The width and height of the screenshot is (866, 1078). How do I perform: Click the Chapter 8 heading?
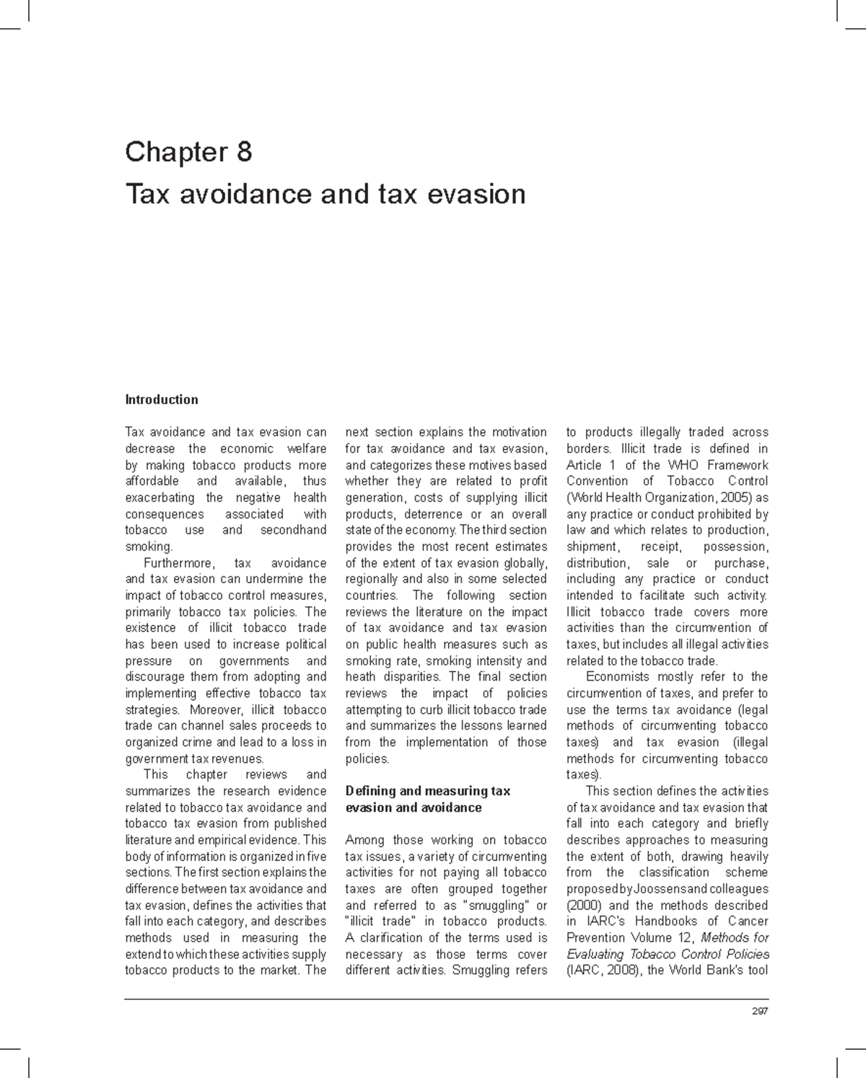coord(188,152)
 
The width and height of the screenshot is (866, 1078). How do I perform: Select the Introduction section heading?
coord(162,400)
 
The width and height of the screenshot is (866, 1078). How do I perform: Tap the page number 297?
coord(759,1011)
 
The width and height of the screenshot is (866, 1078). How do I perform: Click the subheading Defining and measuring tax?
coord(427,791)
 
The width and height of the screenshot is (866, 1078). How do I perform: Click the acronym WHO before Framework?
coord(682,465)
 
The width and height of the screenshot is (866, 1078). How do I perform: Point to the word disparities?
coord(408,677)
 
